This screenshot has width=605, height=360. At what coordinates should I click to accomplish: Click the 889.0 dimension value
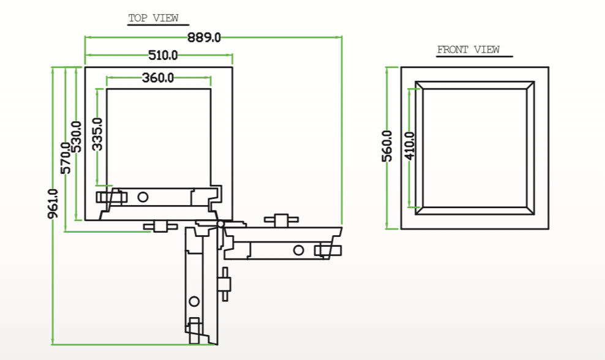tap(204, 37)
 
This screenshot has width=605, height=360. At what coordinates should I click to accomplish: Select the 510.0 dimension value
tap(163, 55)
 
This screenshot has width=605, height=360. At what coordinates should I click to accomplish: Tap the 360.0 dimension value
tap(158, 78)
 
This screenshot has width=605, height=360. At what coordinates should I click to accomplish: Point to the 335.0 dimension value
tap(97, 134)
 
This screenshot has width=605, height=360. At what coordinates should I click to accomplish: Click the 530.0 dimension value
tap(77, 137)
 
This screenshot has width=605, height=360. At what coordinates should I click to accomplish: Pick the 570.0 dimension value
tap(66, 158)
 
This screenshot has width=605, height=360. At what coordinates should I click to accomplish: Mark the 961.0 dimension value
tap(53, 204)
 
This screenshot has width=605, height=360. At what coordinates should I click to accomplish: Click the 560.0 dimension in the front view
tap(387, 146)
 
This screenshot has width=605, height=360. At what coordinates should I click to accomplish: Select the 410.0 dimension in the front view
tap(410, 146)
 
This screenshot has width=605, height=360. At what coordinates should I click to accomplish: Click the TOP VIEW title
tap(154, 18)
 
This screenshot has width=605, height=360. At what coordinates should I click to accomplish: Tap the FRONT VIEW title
tap(468, 50)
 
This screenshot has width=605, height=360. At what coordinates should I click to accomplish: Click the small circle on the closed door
tap(143, 197)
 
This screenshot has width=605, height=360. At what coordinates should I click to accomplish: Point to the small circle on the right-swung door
tap(298, 250)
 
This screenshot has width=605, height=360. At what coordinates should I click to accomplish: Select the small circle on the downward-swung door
tap(194, 301)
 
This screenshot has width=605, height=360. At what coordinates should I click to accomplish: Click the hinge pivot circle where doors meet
tap(220, 224)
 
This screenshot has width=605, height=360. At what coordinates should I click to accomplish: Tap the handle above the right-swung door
tap(281, 220)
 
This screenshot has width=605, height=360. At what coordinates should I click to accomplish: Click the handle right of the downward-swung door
tap(224, 284)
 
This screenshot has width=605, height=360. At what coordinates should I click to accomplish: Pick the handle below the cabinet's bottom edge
tap(160, 226)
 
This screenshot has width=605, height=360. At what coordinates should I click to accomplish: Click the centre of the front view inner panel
tap(475, 148)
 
